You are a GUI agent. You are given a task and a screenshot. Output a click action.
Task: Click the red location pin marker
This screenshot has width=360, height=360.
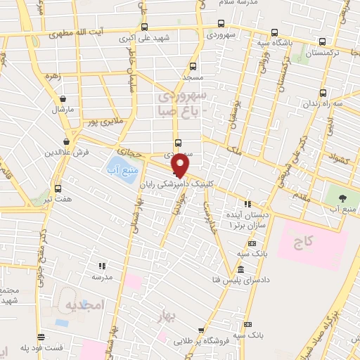181,165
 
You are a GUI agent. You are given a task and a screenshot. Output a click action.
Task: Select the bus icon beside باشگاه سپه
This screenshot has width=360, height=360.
323,41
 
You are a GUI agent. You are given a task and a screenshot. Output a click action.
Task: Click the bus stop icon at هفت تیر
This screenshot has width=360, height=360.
58,188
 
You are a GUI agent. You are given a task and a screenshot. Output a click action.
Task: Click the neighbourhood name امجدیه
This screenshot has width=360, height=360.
85,304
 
